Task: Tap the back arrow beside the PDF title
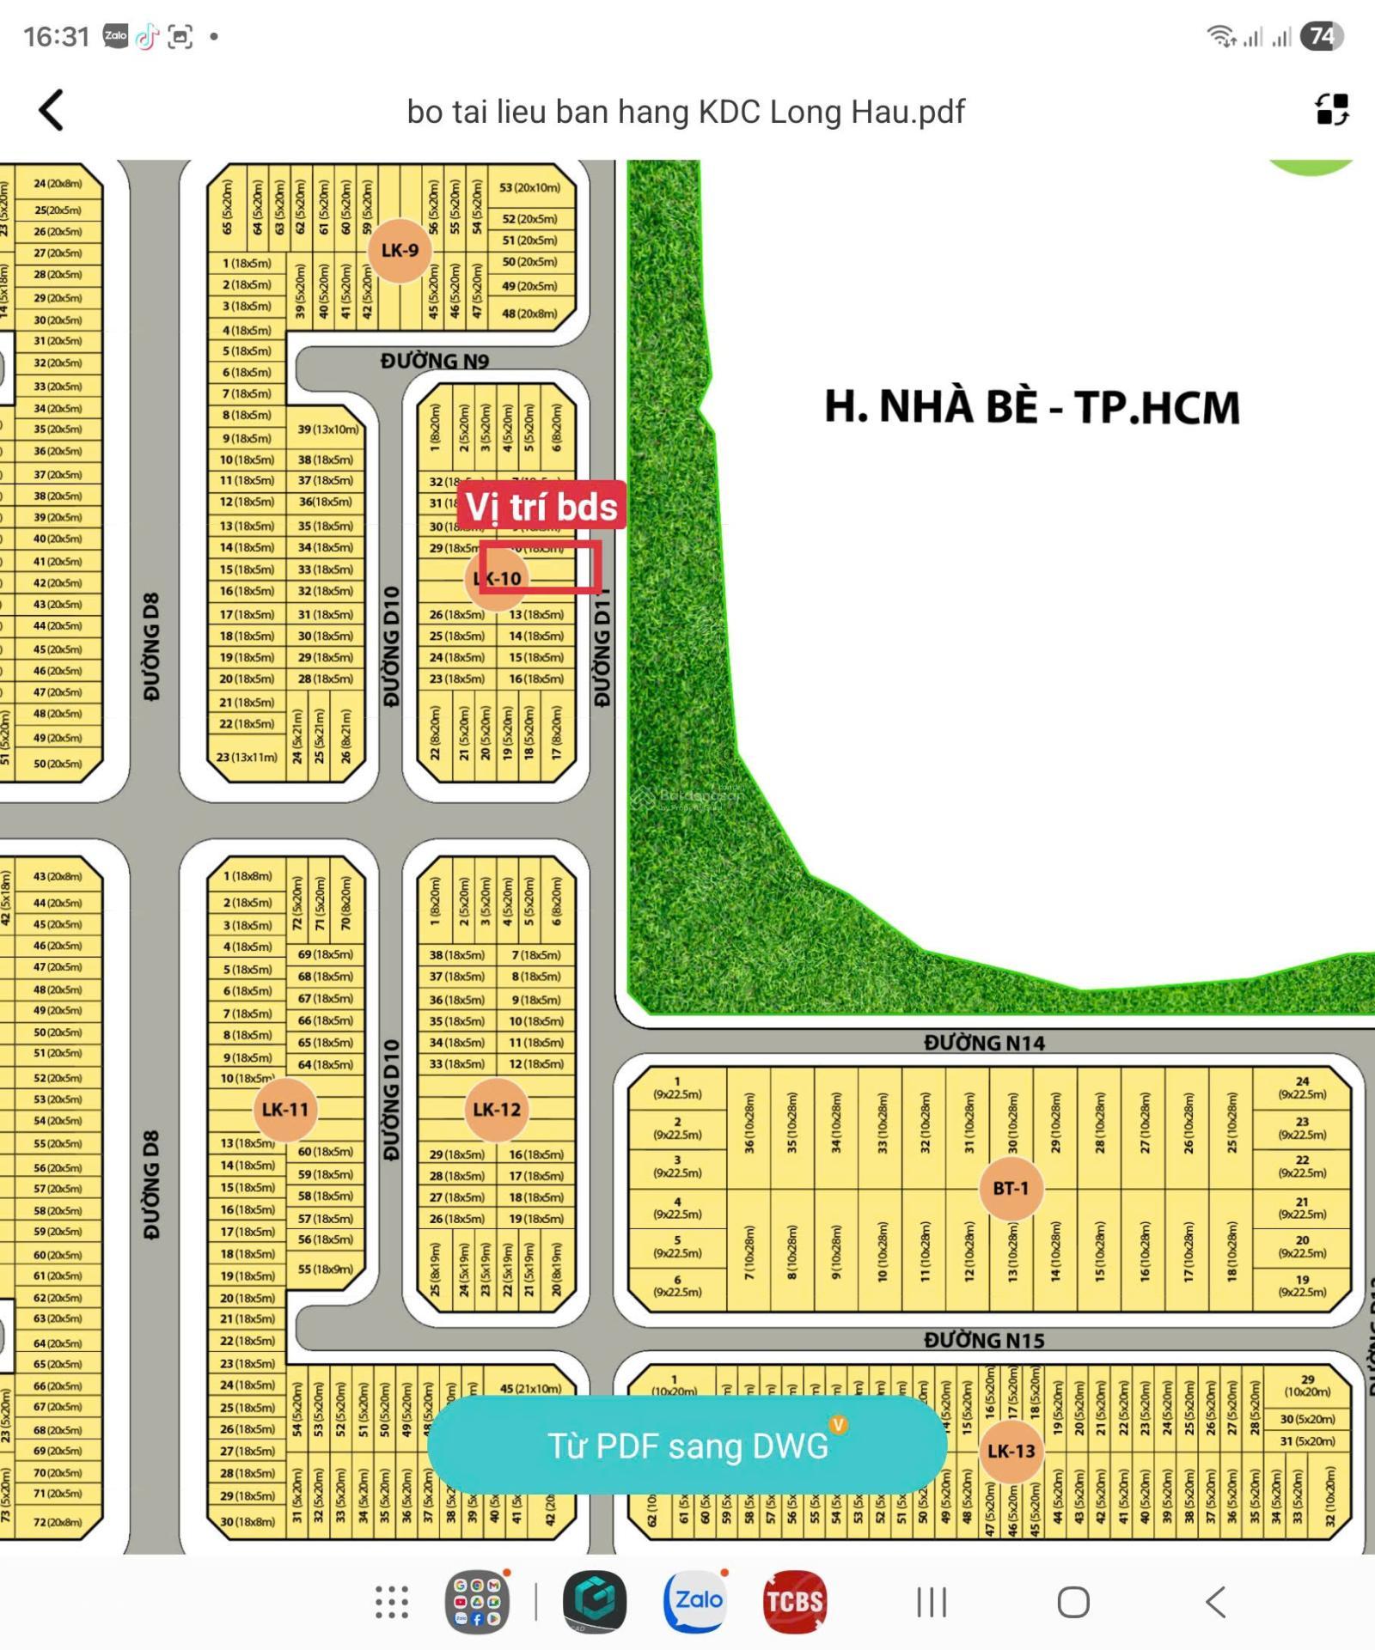[52, 111]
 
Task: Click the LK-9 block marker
[400, 250]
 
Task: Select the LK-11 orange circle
[284, 1109]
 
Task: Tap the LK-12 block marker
[497, 1109]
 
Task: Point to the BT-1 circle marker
[1011, 1188]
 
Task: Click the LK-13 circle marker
[1011, 1451]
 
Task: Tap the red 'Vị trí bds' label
[541, 507]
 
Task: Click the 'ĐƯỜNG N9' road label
[435, 361]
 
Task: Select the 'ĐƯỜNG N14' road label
[984, 1043]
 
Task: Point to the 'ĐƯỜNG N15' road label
[984, 1340]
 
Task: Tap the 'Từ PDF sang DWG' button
[687, 1446]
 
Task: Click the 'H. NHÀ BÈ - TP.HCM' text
[1032, 406]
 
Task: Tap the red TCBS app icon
[794, 1601]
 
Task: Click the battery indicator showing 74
[1321, 36]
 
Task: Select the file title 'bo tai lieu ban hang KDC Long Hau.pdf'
[686, 112]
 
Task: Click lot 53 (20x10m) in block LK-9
[529, 187]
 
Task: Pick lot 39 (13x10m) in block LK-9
[328, 429]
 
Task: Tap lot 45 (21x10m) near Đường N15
[530, 1388]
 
